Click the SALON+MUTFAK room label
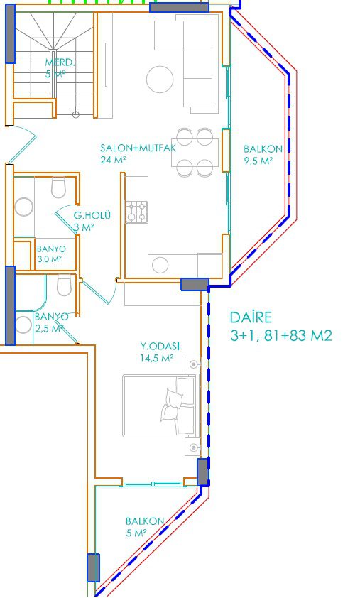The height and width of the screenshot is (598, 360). pos(138,148)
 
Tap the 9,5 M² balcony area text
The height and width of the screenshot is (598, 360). pos(258,161)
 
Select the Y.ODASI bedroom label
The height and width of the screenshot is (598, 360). pos(160,347)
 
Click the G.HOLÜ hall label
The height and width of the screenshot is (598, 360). pos(92,215)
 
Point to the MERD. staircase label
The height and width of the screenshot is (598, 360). pos(60,62)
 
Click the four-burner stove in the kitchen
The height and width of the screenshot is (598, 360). pos(137,212)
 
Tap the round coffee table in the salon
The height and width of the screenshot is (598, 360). pos(160,80)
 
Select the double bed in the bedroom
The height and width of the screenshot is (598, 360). pos(161,406)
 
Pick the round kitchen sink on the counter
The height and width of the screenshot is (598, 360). pos(160,265)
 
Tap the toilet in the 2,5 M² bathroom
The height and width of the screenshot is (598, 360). pos(64,286)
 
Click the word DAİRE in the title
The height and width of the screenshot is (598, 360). pos(251,317)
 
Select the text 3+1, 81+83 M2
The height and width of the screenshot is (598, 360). pos(281,336)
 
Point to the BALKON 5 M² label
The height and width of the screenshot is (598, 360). pos(145,527)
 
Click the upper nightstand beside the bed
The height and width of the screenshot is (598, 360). pos(193,365)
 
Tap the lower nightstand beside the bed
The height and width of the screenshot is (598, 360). pos(193,447)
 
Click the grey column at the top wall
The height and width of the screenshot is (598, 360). pos(179,7)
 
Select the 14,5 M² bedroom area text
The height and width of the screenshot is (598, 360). pos(157,359)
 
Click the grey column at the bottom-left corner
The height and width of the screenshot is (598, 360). pos(94,567)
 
